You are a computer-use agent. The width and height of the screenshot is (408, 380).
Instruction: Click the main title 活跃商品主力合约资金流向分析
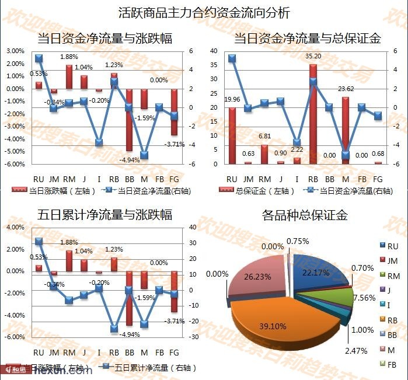tap(204, 12)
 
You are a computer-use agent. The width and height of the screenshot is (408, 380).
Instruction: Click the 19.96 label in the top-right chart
tap(232, 99)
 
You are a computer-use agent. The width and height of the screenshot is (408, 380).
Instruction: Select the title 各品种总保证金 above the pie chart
tap(305, 215)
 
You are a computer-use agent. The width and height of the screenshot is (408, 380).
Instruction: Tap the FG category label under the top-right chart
tap(378, 178)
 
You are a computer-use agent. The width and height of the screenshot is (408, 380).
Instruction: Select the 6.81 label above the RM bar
tap(265, 137)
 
